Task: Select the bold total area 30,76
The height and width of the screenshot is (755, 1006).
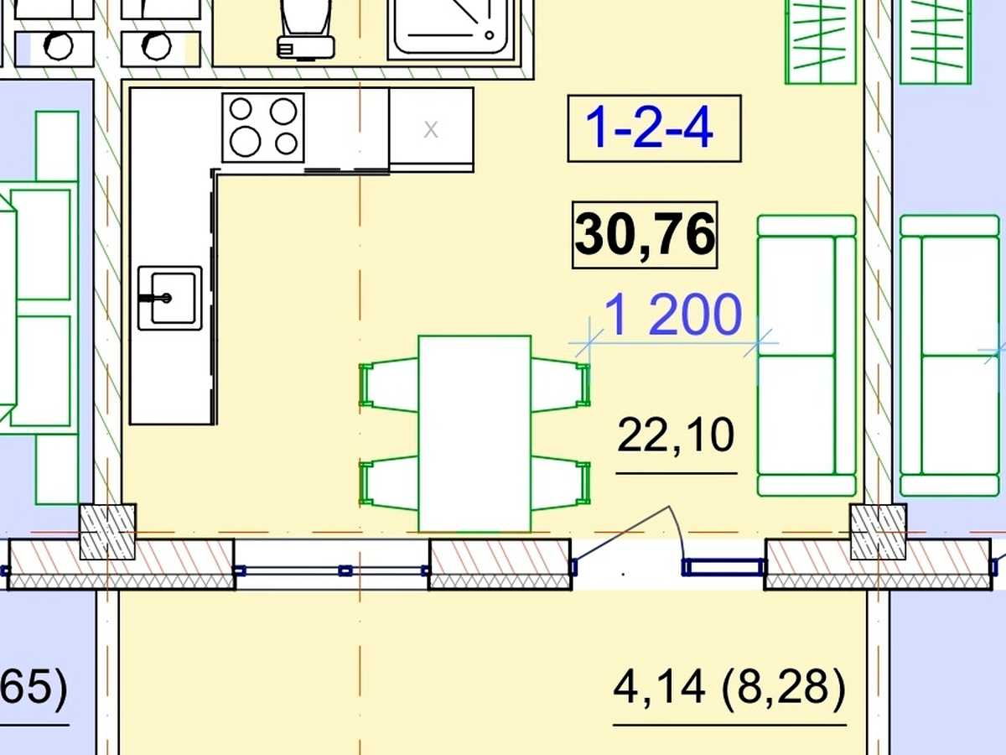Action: (x=645, y=235)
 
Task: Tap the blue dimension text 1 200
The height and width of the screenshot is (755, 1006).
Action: (x=673, y=315)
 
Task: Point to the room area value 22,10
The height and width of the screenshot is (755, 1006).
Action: (x=676, y=435)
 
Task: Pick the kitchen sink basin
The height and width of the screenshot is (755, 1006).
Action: (x=170, y=298)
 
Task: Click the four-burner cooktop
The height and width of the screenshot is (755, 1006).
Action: (x=263, y=128)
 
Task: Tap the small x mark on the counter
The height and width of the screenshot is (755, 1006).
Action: (x=431, y=130)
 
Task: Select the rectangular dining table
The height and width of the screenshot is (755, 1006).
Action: (x=474, y=434)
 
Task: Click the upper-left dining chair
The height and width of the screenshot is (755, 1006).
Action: (x=389, y=385)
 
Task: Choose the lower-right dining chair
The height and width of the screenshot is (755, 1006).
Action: (x=561, y=483)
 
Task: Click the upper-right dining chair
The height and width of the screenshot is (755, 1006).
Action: (x=561, y=385)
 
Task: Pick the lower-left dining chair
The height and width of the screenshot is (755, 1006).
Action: (x=389, y=483)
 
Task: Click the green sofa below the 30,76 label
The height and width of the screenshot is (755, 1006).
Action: (x=806, y=356)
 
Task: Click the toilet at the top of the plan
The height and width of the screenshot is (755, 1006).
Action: (x=306, y=29)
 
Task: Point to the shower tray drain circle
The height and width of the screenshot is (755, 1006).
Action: (x=490, y=35)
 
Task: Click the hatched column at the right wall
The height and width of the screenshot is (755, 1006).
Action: (x=878, y=532)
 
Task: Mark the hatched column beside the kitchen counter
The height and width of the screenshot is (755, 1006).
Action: (x=107, y=532)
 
